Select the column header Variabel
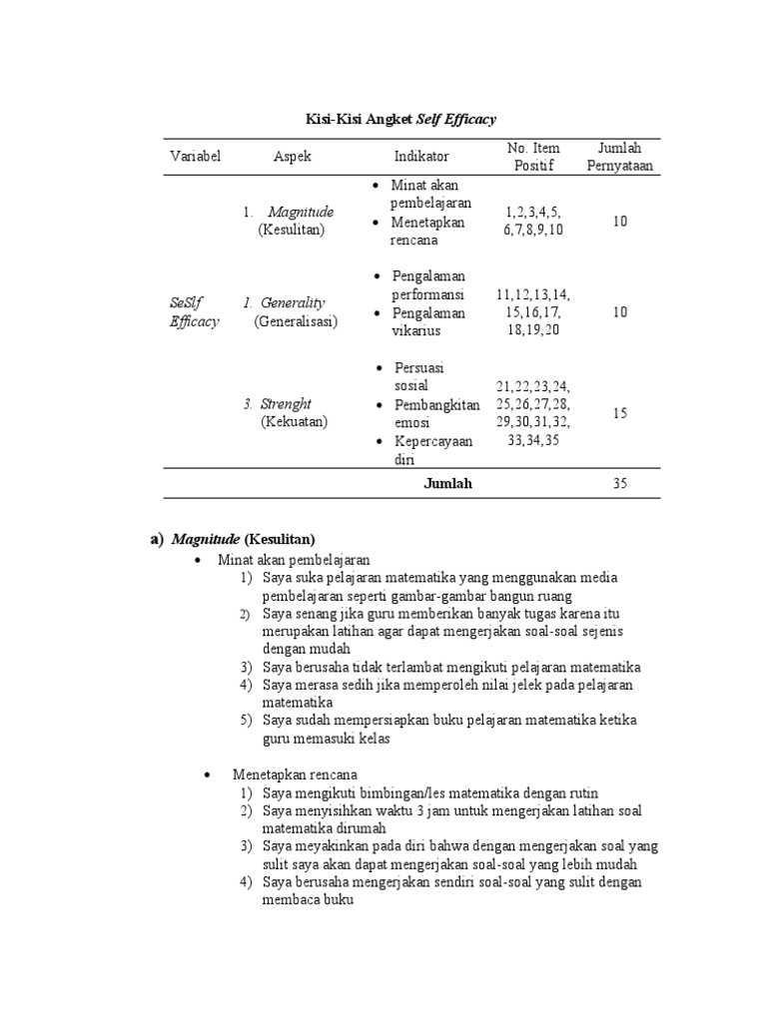(x=196, y=157)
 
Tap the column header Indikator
(x=421, y=157)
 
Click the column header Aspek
(x=293, y=157)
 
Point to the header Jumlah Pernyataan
(x=619, y=157)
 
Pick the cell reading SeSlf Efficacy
(x=195, y=311)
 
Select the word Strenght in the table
(x=286, y=404)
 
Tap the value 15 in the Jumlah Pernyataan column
(x=619, y=413)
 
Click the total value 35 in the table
(x=619, y=484)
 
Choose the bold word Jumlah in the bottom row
(x=447, y=484)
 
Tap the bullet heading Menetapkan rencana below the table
(x=295, y=774)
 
